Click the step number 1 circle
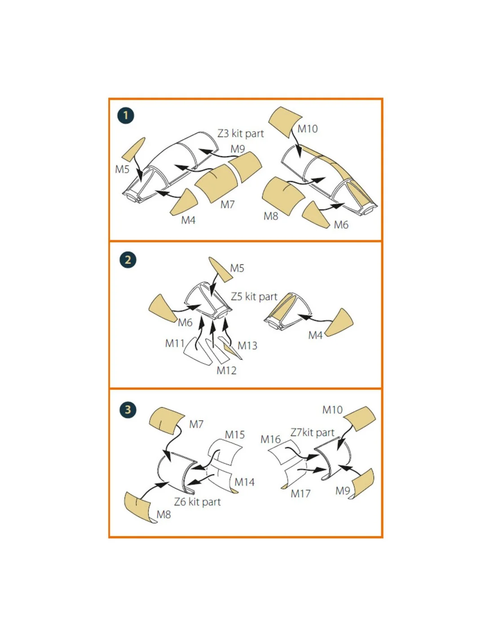[125, 115]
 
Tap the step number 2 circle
[128, 260]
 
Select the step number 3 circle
[128, 410]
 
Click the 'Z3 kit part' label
[241, 134]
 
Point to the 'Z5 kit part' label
[254, 297]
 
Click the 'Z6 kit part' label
[197, 501]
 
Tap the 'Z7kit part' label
[313, 433]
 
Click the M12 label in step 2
[226, 371]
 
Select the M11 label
[175, 343]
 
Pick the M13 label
[247, 346]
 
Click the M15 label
[234, 435]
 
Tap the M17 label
[300, 494]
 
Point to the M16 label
[270, 439]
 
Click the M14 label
[244, 482]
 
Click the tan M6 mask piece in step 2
[161, 308]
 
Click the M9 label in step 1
[238, 149]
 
